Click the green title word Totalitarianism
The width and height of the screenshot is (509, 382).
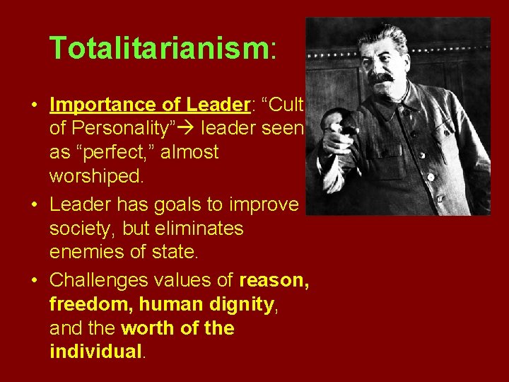tap(158, 48)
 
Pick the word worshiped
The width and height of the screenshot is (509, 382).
tap(98, 176)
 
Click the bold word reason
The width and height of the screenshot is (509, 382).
tap(274, 280)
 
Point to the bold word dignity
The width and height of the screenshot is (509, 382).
tap(242, 304)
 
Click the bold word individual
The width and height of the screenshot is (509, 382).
tap(95, 352)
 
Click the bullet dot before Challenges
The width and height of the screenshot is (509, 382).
tap(35, 280)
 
